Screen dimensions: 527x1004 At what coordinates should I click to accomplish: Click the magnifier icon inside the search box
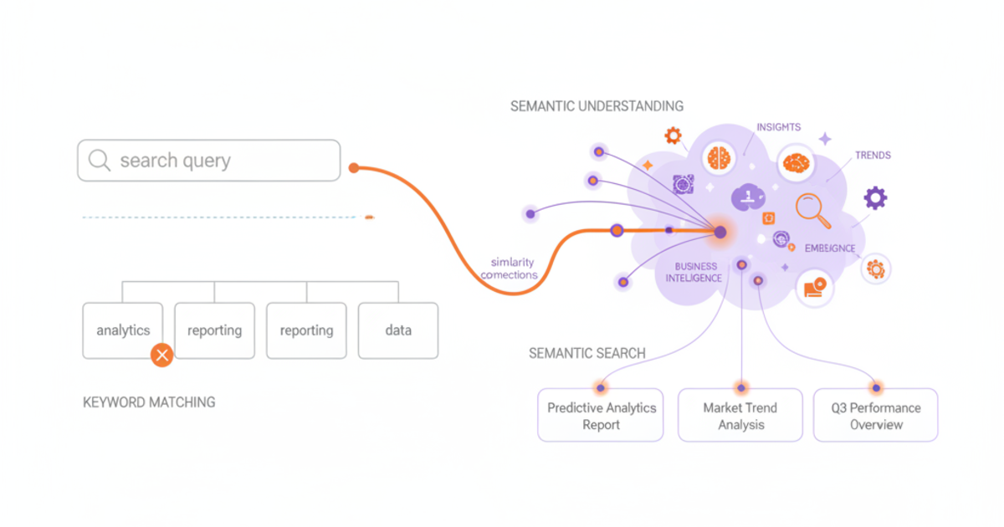[100, 161]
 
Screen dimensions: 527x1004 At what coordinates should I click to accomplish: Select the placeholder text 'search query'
[175, 161]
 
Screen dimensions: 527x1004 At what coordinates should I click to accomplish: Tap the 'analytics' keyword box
[123, 330]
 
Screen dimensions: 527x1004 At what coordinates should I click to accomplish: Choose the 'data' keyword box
[398, 330]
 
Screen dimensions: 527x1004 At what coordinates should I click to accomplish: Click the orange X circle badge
[161, 356]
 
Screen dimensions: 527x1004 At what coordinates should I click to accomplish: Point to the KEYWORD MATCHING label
[149, 402]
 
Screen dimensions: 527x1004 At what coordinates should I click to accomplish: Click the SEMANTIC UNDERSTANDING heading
[597, 106]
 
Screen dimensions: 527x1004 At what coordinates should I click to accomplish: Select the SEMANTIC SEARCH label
[587, 353]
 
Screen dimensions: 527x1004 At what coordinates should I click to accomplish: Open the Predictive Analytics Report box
[601, 416]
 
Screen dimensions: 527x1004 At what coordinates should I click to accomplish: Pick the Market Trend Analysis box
[740, 416]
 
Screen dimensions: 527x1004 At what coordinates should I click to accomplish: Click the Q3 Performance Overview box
[875, 416]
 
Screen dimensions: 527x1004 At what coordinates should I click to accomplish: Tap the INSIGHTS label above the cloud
[778, 127]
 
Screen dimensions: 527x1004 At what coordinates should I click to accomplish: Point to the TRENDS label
[873, 156]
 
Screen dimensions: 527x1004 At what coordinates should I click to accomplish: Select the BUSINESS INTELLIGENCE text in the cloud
[693, 272]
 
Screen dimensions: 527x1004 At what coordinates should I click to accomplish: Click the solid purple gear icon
[875, 198]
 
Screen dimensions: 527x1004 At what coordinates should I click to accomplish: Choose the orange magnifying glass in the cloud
[812, 209]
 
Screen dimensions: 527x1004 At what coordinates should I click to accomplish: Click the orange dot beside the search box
[354, 168]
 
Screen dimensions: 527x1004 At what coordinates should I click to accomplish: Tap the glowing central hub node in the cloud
[720, 232]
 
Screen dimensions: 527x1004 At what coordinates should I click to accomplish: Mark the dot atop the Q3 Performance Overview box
[876, 388]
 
